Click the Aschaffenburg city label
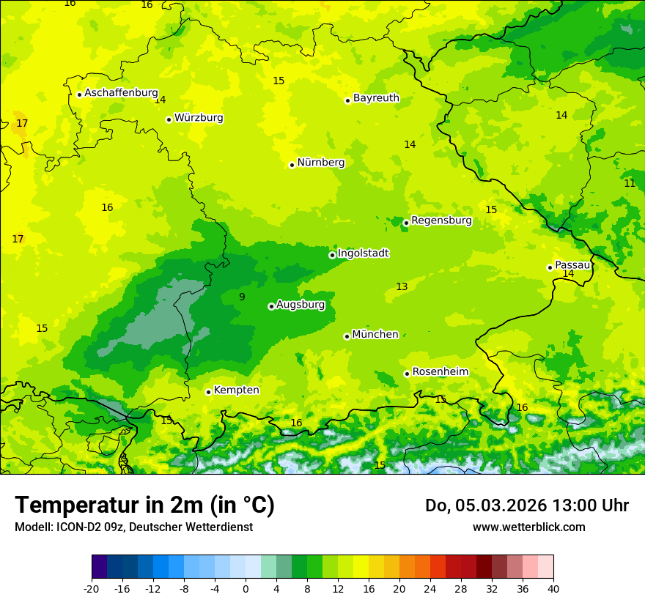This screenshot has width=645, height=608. (x=121, y=93)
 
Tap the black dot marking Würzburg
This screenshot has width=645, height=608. (x=169, y=119)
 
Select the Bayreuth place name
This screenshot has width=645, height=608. (x=376, y=98)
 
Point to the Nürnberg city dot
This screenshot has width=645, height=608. (x=292, y=165)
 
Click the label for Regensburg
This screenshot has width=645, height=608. (x=441, y=220)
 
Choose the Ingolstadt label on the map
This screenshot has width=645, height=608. (x=364, y=253)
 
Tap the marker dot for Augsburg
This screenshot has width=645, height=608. (x=271, y=306)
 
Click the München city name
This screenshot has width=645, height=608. (x=375, y=335)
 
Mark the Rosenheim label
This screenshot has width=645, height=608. (x=440, y=372)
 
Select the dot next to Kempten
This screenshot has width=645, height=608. (x=208, y=392)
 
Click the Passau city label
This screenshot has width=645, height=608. (x=572, y=265)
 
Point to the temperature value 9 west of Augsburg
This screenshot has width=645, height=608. (x=242, y=297)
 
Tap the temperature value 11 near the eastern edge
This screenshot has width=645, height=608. (x=630, y=184)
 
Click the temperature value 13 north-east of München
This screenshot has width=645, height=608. (x=402, y=287)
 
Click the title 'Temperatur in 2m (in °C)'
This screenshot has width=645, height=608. (x=144, y=505)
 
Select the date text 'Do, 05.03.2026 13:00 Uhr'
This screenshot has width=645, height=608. (x=526, y=505)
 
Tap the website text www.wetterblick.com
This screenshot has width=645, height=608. (x=528, y=527)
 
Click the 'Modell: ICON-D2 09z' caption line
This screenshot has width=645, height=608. (x=133, y=527)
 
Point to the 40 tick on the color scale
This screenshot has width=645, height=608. (x=553, y=588)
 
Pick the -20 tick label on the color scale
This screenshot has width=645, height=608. (x=92, y=588)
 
